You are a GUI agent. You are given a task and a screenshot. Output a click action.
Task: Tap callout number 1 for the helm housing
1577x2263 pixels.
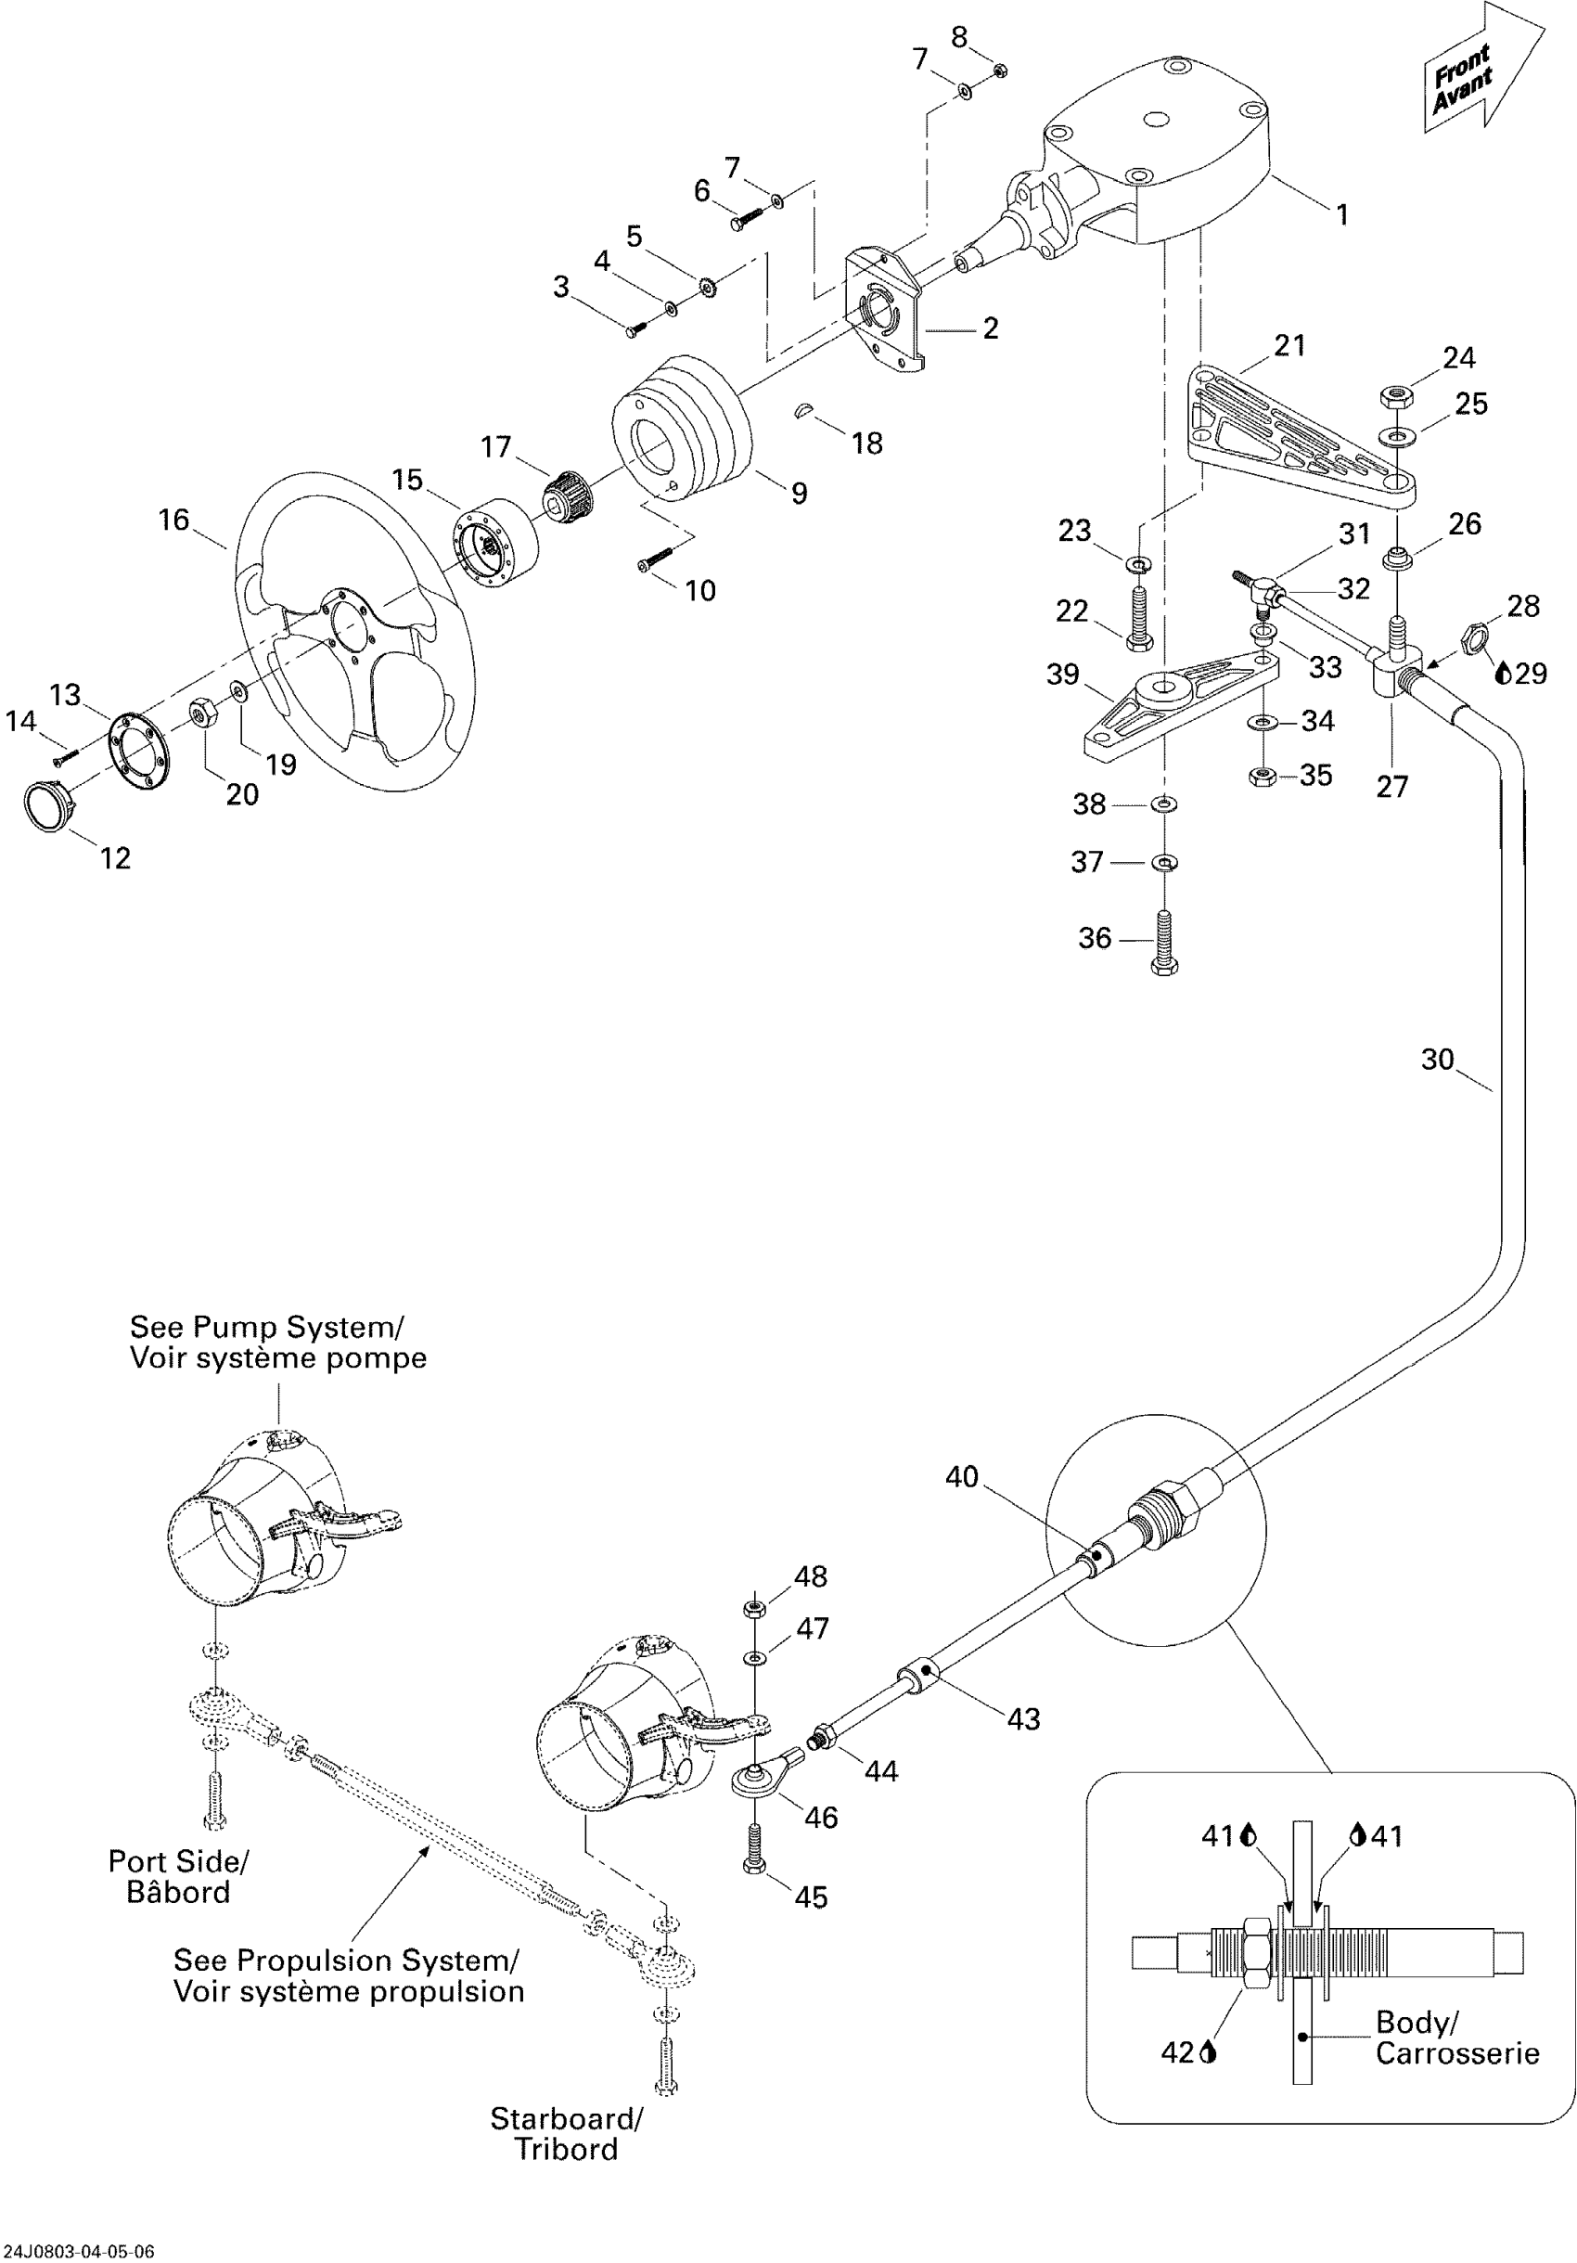click(1341, 214)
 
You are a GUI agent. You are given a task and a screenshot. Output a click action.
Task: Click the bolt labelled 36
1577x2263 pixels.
click(1164, 941)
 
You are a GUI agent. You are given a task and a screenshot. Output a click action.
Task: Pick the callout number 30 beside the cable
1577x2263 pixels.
click(1437, 1060)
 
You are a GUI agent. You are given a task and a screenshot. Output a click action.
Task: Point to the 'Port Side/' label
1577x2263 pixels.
click(178, 1862)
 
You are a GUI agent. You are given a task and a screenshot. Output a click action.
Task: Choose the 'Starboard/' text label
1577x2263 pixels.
click(567, 2119)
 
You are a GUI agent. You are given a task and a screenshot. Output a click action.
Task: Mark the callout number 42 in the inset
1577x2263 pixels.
click(1178, 2052)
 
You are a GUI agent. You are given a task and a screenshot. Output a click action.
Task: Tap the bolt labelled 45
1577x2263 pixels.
click(754, 1850)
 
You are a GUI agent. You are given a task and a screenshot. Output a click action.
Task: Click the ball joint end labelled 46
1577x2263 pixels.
click(755, 1775)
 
